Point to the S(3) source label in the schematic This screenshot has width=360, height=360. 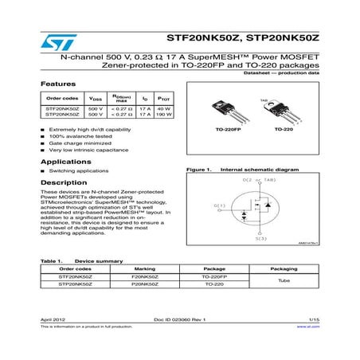(x=261, y=238)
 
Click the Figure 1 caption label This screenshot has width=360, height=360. (x=195, y=170)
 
